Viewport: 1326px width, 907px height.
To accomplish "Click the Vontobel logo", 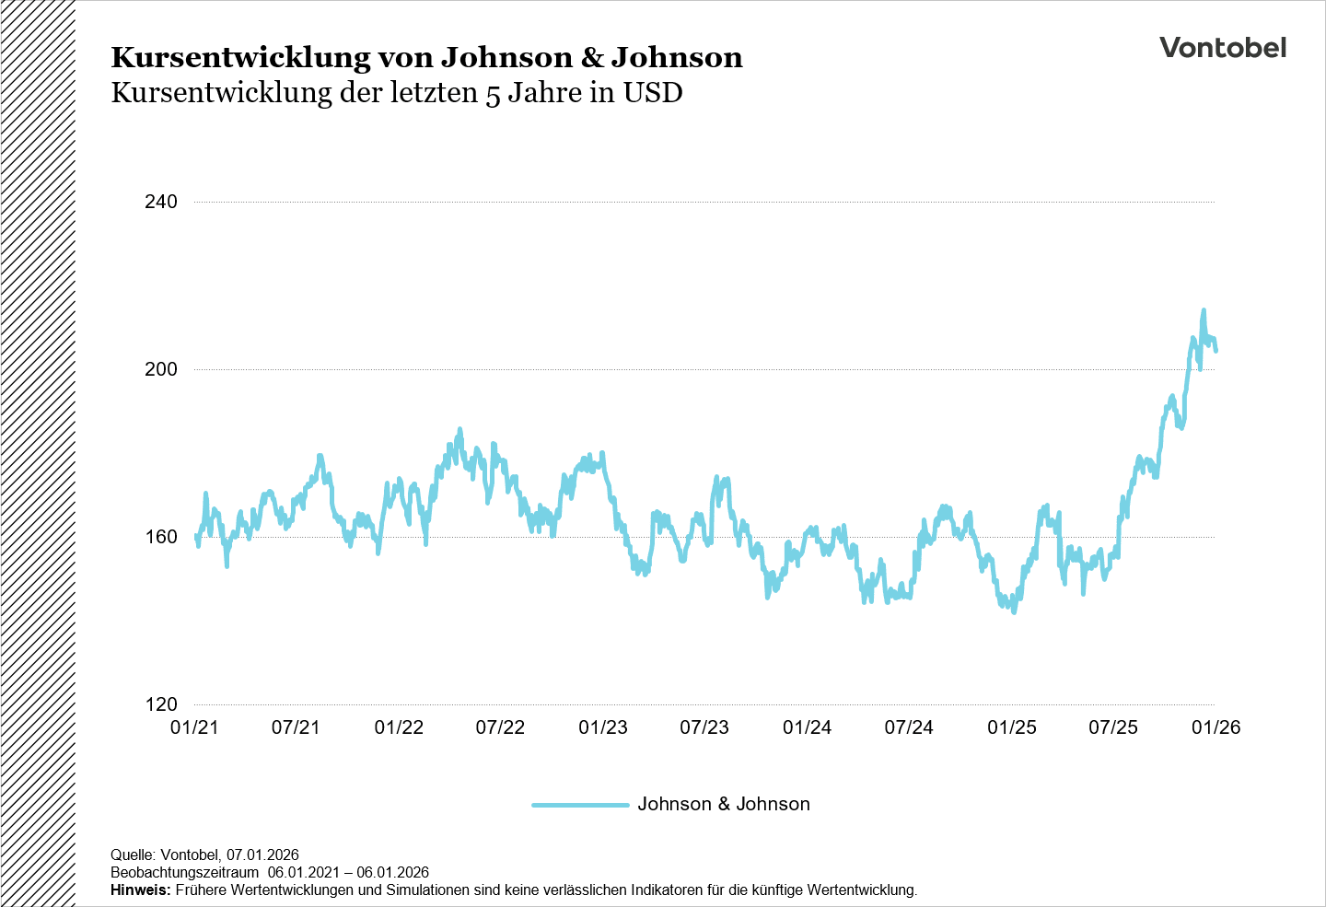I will coord(1222,48).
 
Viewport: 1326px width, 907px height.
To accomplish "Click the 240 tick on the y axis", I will coord(161,202).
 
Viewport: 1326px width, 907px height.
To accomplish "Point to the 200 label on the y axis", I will coord(161,369).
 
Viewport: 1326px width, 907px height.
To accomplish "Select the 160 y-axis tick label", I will coord(161,537).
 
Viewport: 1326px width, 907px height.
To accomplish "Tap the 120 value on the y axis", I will coord(161,704).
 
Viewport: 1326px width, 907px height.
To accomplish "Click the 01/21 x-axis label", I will coord(195,727).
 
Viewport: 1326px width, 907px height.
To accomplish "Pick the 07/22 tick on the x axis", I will coord(500,727).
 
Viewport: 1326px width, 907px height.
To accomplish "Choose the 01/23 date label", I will coord(603,727).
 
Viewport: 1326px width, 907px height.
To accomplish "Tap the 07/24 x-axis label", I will coord(909,727).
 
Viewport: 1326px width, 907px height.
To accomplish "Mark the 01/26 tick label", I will coord(1216,727).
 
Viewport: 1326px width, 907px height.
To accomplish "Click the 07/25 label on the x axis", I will coord(1113,727).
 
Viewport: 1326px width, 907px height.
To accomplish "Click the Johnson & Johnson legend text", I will coord(724,804).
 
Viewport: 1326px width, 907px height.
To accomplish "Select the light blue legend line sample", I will coord(580,805).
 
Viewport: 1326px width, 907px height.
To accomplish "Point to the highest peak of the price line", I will coord(1204,311).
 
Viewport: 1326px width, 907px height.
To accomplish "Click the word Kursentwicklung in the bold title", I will coord(239,58).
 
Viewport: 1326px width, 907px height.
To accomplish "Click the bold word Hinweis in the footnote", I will coord(140,890).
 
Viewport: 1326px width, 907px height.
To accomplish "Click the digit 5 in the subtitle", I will coord(493,95).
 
